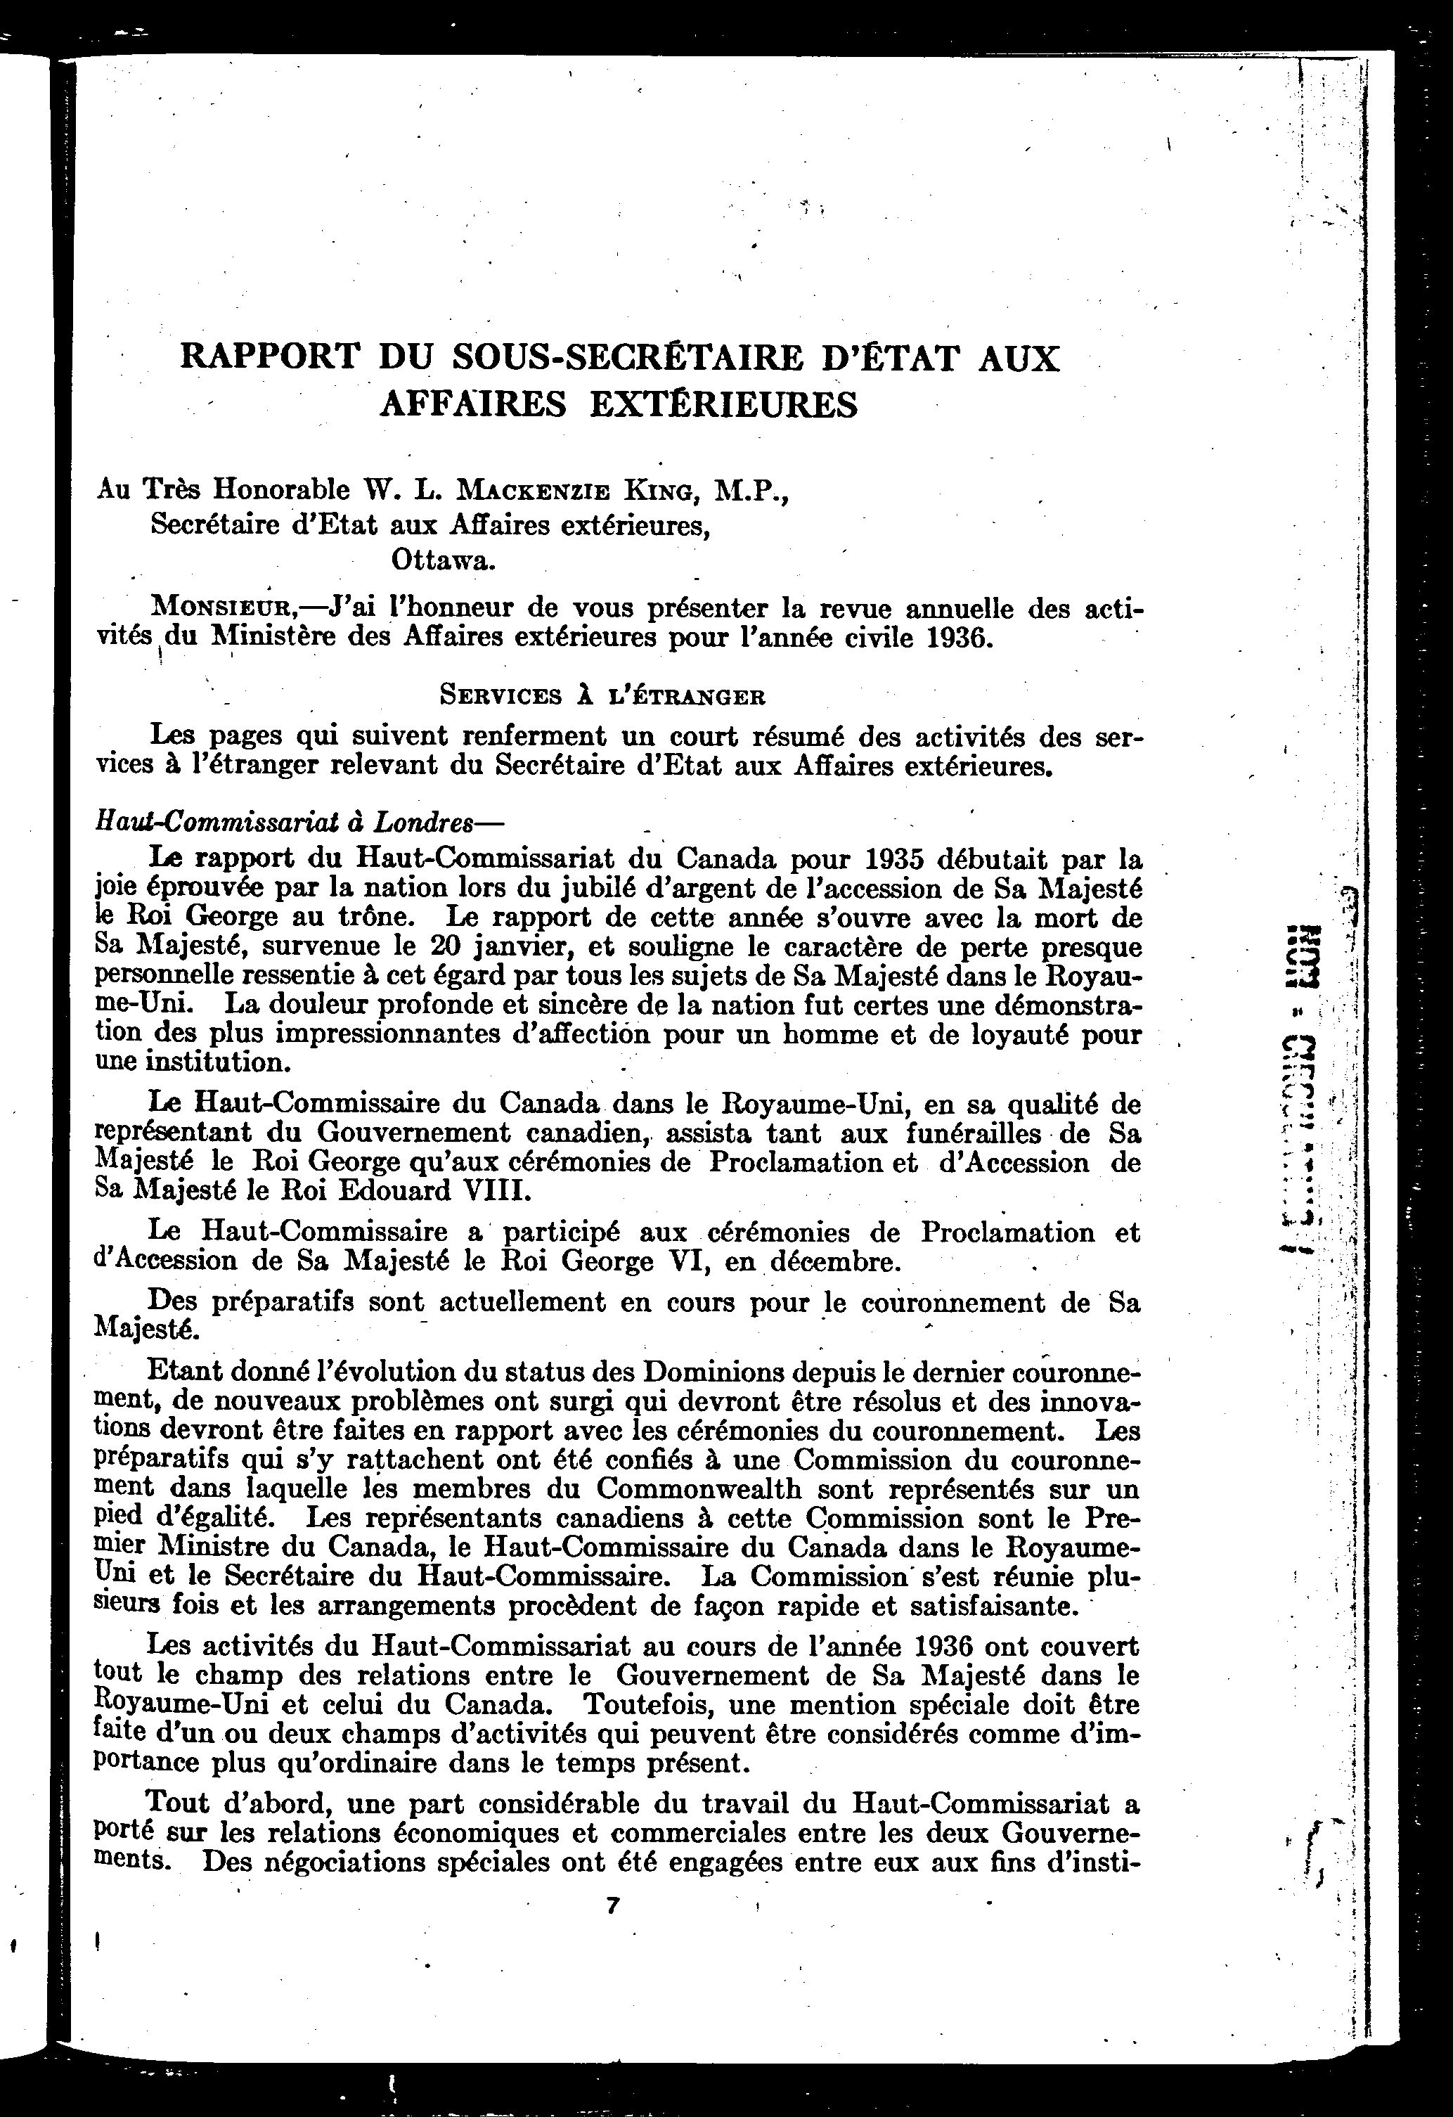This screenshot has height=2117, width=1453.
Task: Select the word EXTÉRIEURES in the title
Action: click(723, 404)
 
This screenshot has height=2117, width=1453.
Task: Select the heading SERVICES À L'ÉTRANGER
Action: click(602, 697)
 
